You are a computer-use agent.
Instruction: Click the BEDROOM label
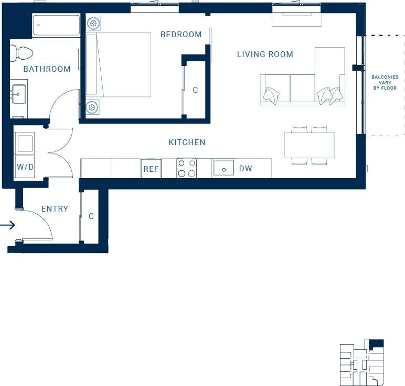181,35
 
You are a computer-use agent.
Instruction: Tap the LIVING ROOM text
265,54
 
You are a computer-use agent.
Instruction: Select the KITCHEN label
187,142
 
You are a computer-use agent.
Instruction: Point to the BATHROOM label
47,69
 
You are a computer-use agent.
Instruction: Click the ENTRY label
55,209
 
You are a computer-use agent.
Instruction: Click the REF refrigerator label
151,169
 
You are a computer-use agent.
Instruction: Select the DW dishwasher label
246,169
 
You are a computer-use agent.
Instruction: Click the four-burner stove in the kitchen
186,168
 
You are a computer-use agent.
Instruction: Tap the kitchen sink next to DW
223,169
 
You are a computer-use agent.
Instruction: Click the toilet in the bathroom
23,52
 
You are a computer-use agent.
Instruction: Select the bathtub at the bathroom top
56,25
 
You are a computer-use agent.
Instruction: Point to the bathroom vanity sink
19,95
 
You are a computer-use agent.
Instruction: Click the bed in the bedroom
119,64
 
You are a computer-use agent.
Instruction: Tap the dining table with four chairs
309,145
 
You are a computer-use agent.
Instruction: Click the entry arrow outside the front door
7,226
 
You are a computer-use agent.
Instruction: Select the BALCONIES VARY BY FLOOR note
385,83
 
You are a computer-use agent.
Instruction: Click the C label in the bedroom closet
195,90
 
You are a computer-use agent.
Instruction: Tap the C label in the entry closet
91,216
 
